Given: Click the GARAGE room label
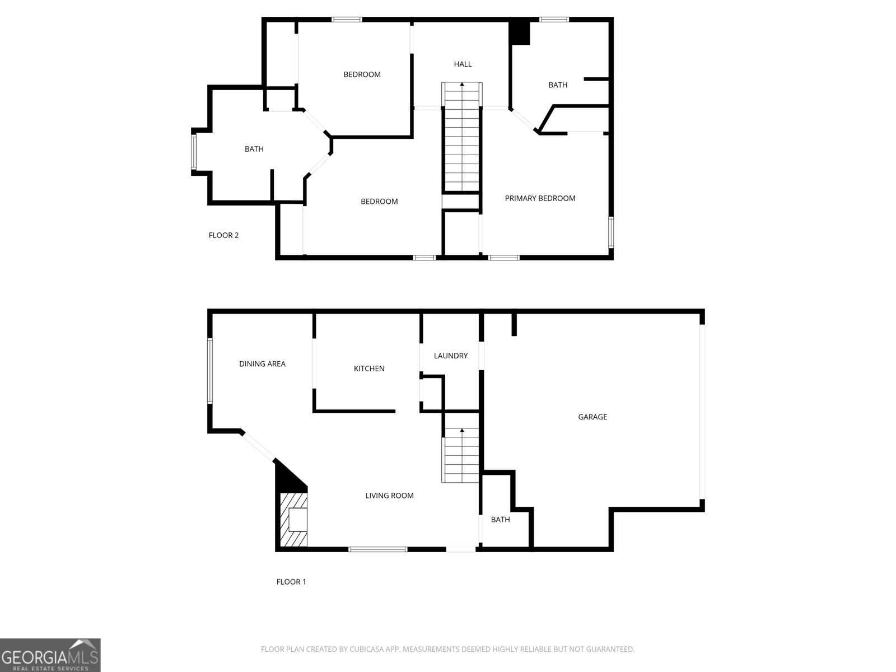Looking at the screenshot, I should pos(592,417).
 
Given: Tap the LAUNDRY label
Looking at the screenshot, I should pos(450,356).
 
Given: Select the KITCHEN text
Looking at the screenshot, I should pos(369,368).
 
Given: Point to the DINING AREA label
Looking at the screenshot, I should pos(262,364).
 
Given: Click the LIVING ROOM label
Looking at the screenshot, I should pos(389,496).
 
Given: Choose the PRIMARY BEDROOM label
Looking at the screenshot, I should pos(540,198).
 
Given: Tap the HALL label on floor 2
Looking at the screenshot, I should pos(463,64).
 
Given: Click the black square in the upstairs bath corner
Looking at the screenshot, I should pos(520,32).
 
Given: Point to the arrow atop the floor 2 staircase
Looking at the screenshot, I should pos(462,85).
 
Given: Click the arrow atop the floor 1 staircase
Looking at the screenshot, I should pos(462,431).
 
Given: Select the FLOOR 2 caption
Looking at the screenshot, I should pos(223,235).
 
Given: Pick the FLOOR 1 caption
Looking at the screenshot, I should pos(291,582).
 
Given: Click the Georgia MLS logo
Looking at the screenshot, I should pos(50,655).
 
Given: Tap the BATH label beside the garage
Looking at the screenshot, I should pos(500,520).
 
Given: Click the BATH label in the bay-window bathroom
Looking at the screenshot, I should pos(254,149).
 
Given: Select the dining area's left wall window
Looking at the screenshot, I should pos(210,370).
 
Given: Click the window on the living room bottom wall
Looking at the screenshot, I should pos(378,549).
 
